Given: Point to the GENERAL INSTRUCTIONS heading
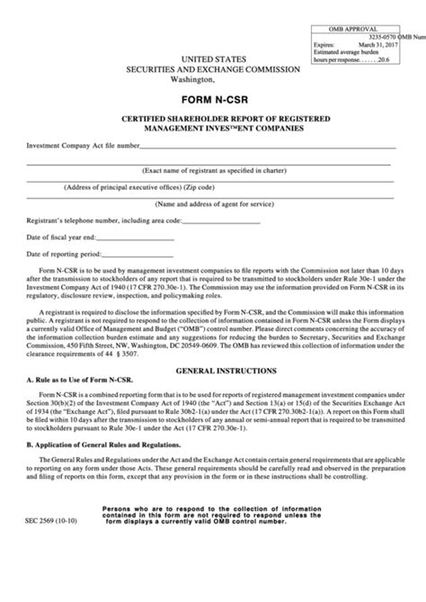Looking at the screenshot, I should [213, 395].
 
